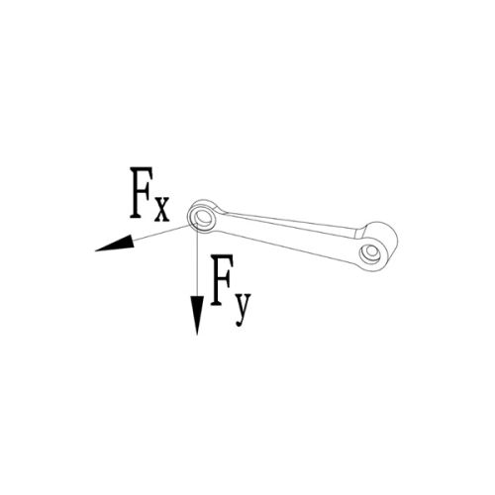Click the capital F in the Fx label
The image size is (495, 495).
142,192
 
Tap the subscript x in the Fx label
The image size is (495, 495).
162,209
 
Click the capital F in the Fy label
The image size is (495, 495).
222,280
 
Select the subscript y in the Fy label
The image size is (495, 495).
244,305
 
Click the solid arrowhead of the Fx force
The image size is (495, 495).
116,245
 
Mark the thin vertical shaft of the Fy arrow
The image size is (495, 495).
197,260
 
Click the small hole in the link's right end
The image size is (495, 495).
372,252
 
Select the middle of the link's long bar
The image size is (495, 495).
290,237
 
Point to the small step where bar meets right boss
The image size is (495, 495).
359,233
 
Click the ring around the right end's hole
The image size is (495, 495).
363,255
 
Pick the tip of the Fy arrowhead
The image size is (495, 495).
197,335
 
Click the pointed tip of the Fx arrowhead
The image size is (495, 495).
95,251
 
